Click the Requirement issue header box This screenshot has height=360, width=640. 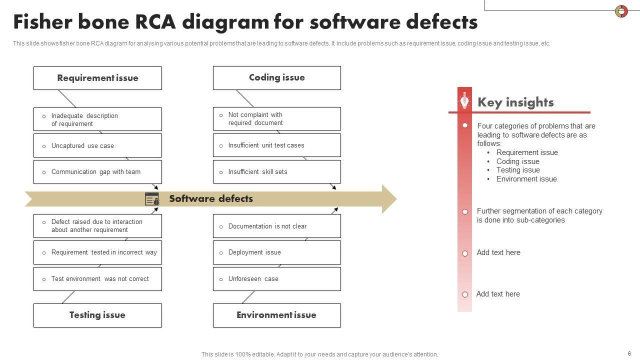click(x=97, y=78)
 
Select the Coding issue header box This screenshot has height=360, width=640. click(x=276, y=78)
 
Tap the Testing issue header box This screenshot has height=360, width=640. click(x=97, y=315)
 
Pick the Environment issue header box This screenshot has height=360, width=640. click(x=276, y=315)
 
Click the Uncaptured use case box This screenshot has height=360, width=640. click(x=97, y=145)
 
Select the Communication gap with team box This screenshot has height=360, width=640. click(x=97, y=172)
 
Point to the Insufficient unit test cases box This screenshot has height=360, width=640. click(x=276, y=145)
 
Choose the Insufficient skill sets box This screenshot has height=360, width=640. click(x=276, y=172)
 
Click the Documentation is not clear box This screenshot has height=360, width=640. click(x=276, y=226)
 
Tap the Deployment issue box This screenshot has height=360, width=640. click(x=276, y=252)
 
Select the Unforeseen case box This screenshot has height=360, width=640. click(x=276, y=279)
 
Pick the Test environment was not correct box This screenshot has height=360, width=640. click(x=97, y=279)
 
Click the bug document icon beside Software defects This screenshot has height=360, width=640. click(x=152, y=199)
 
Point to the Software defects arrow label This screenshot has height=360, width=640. click(x=211, y=199)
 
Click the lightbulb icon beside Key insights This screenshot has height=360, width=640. click(x=464, y=101)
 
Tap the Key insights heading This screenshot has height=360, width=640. click(x=515, y=102)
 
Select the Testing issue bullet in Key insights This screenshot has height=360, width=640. click(x=517, y=170)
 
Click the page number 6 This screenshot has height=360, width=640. click(x=629, y=353)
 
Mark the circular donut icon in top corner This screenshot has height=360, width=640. click(x=621, y=11)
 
